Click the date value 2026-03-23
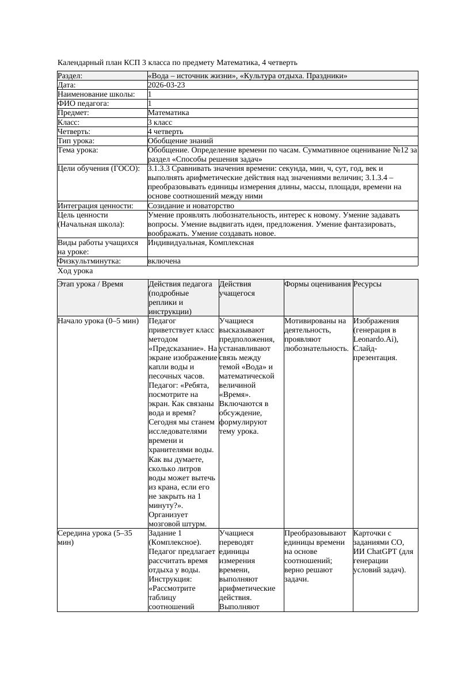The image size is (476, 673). [x=166, y=85]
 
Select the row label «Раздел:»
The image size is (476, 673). [x=70, y=76]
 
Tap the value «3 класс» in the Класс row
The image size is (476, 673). [x=160, y=123]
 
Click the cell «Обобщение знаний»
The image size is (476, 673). [x=180, y=141]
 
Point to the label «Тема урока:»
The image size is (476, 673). [x=78, y=150]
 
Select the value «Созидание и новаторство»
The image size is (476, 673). [x=191, y=206]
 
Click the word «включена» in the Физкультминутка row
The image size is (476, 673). [x=164, y=261]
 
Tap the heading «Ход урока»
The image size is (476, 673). [x=75, y=271]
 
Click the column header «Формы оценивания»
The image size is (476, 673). [x=317, y=284]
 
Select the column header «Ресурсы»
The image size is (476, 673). [x=367, y=284]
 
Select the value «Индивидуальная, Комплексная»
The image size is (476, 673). [x=200, y=243]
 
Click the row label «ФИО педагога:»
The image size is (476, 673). [x=83, y=104]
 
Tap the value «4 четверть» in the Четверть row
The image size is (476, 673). [x=165, y=132]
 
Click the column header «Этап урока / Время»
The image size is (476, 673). [x=90, y=284]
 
